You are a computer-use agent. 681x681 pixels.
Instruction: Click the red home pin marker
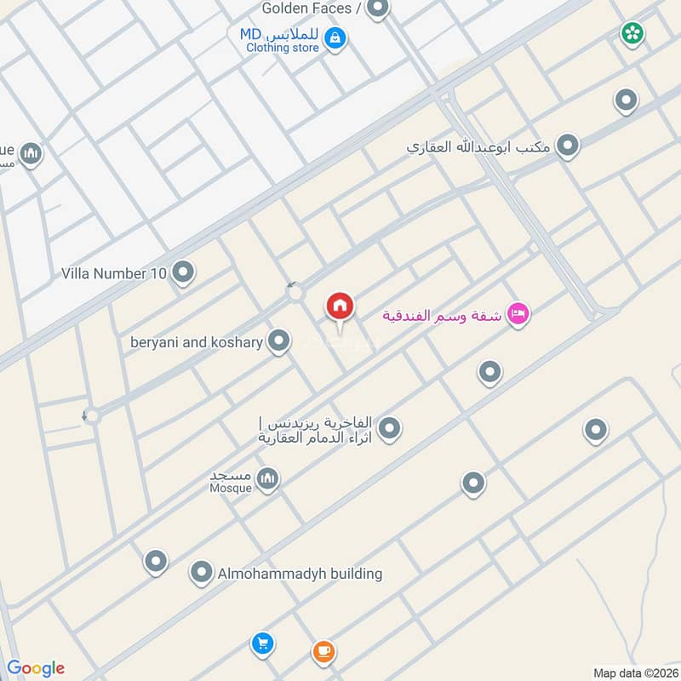[x=340, y=307]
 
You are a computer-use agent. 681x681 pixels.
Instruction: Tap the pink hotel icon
[x=518, y=315]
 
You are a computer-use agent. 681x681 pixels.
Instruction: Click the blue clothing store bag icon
[x=335, y=38]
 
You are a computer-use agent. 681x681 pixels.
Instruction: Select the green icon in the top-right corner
[x=632, y=33]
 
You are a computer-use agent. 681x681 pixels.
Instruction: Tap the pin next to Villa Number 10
[x=182, y=273]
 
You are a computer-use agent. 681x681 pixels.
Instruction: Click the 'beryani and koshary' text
[x=197, y=342]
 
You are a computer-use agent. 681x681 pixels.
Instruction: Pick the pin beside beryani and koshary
[x=278, y=342]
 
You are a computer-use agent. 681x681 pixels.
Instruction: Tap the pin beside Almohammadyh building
[x=202, y=572]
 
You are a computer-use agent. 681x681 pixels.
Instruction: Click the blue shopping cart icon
[x=262, y=644]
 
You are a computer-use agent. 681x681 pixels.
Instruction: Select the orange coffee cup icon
[x=323, y=652]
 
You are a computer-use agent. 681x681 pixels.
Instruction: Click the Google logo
[x=36, y=668]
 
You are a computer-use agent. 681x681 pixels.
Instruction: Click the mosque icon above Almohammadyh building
[x=268, y=479]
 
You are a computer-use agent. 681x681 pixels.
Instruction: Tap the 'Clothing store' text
[x=283, y=49]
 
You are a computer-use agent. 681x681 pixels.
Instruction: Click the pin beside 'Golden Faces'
[x=378, y=9]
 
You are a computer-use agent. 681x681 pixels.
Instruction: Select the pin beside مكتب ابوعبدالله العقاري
[x=567, y=146]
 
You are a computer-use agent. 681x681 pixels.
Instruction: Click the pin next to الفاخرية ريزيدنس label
[x=389, y=428]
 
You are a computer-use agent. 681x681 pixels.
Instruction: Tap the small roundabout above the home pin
[x=295, y=295]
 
